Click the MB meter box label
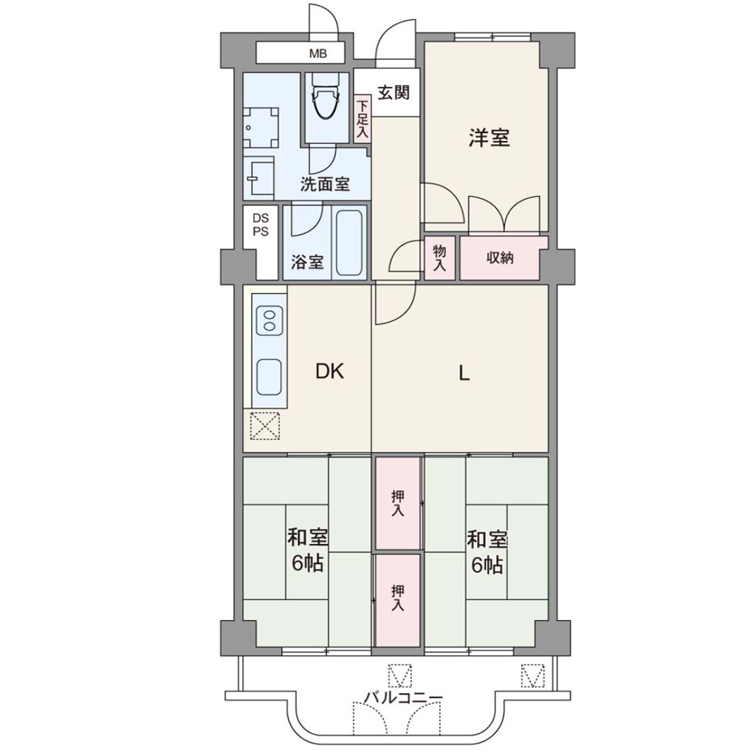click(x=317, y=53)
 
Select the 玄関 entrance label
click(x=394, y=92)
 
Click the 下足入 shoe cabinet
click(x=362, y=119)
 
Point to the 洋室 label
click(x=489, y=138)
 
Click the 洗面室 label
click(x=325, y=184)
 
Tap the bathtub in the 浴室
click(x=349, y=242)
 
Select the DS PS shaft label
click(x=261, y=225)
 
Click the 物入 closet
click(x=439, y=258)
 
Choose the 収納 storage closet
click(x=500, y=258)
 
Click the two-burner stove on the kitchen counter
click(x=269, y=320)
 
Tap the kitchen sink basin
click(x=269, y=377)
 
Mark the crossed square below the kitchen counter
click(x=265, y=426)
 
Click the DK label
click(x=330, y=372)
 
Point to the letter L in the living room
click(x=464, y=373)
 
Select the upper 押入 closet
click(x=398, y=503)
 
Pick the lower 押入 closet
click(x=398, y=599)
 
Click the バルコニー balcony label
click(x=403, y=698)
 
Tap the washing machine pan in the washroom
click(x=261, y=128)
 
